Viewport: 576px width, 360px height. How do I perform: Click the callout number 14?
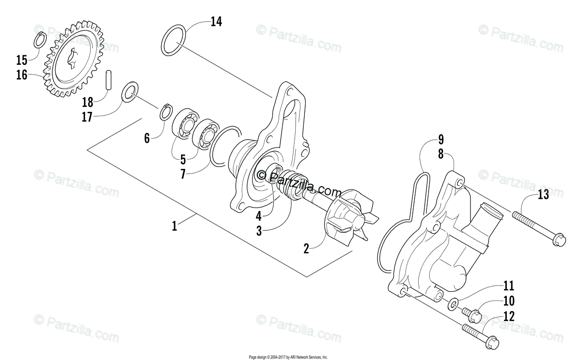pyautogui.click(x=216, y=22)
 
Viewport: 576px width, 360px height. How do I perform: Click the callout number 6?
pyautogui.click(x=147, y=138)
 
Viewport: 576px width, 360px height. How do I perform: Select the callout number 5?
pyautogui.click(x=182, y=159)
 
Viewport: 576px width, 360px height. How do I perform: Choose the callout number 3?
pyautogui.click(x=259, y=231)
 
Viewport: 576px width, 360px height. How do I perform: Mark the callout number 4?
pyautogui.click(x=259, y=216)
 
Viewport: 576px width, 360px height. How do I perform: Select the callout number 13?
pyautogui.click(x=543, y=194)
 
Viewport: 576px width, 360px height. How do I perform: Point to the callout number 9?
pyautogui.click(x=441, y=140)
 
